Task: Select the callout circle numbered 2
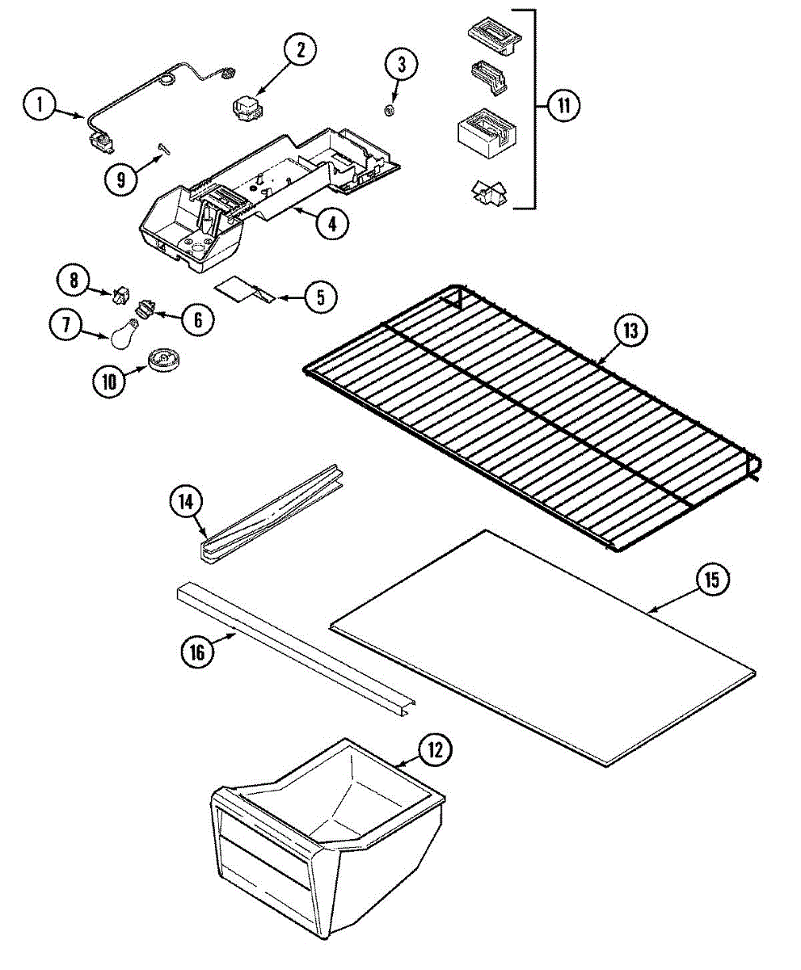pyautogui.click(x=301, y=50)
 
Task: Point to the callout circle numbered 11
pyautogui.click(x=563, y=106)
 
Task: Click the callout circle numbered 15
pyautogui.click(x=712, y=580)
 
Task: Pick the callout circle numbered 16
pyautogui.click(x=196, y=652)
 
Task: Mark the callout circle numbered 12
pyautogui.click(x=436, y=749)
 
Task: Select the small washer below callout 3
pyautogui.click(x=389, y=109)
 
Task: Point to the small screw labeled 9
pyautogui.click(x=164, y=147)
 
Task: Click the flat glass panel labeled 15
pyautogui.click(x=542, y=647)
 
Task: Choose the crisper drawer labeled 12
pyautogui.click(x=323, y=841)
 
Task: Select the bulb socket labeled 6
pyautogui.click(x=146, y=309)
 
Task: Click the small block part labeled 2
pyautogui.click(x=243, y=108)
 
